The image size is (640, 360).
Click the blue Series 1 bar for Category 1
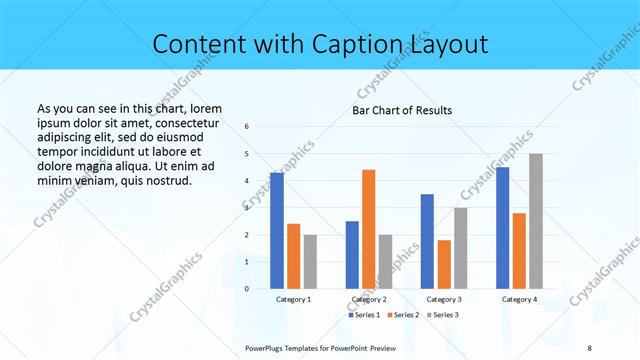[277, 231]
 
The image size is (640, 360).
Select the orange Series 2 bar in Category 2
[368, 229]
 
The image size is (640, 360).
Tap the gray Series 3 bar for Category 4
[536, 221]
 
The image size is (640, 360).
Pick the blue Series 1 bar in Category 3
[427, 241]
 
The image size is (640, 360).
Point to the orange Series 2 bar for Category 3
[444, 264]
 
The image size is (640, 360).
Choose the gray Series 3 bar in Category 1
[310, 261]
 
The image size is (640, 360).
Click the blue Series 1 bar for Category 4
[502, 228]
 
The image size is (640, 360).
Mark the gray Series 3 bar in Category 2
[385, 261]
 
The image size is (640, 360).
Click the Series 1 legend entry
[365, 315]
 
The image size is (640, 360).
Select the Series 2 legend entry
[404, 315]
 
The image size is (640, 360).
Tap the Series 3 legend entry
[442, 315]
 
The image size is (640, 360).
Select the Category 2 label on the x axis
[369, 299]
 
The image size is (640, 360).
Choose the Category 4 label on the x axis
[519, 299]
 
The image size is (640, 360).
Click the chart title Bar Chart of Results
[402, 110]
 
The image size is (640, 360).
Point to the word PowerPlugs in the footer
[267, 348]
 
